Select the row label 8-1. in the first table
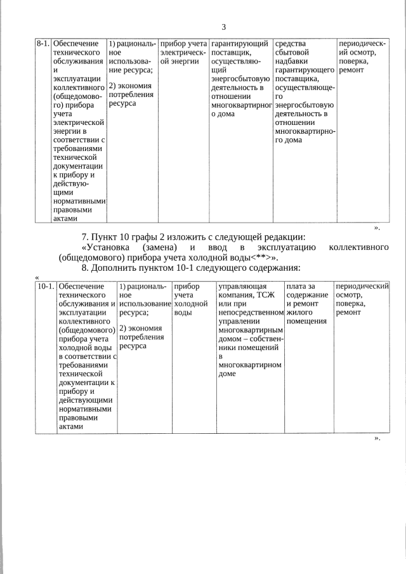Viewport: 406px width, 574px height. coord(43,44)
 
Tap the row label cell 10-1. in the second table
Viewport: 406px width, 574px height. coord(45,287)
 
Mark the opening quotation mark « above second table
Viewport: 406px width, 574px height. coord(37,277)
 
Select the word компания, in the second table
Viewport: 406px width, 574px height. coord(239,296)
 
